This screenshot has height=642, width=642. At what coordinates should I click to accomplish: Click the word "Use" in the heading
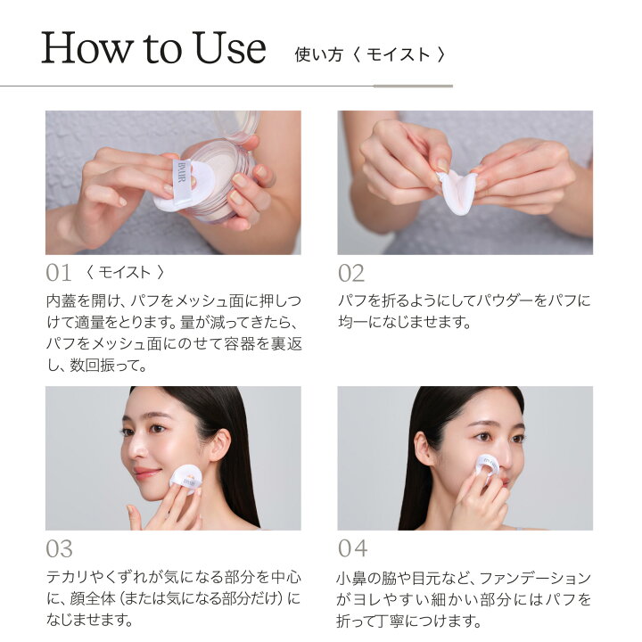229,47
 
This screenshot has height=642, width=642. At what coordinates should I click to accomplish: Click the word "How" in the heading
86,47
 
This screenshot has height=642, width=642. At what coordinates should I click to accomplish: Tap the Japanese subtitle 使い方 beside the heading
318,54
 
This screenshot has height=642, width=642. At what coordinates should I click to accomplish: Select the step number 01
59,273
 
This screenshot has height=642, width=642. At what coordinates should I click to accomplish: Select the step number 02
351,273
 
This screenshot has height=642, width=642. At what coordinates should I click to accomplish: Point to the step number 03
60,548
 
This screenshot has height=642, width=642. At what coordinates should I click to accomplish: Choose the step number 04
352,548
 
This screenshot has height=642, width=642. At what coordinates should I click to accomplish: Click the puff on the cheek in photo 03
185,478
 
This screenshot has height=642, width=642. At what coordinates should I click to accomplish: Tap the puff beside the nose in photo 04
487,469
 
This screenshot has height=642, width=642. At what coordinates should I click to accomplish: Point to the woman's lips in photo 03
145,473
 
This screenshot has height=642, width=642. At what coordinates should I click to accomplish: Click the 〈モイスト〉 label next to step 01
125,272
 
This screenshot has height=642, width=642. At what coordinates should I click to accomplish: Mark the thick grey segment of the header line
413,86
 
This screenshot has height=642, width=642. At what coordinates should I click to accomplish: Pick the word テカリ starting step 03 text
67,577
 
